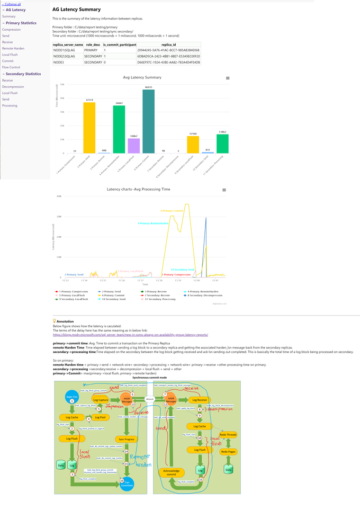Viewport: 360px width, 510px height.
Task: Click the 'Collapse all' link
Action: [x=12, y=4]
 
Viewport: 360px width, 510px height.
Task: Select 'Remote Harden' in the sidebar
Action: [x=13, y=48]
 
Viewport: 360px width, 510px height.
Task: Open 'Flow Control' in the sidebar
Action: [x=11, y=67]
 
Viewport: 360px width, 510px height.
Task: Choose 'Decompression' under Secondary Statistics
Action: [x=13, y=86]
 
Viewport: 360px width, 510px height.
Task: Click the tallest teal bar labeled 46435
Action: [x=149, y=121]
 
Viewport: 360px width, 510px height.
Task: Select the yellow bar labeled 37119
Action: [x=89, y=128]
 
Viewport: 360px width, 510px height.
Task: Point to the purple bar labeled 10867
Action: [x=134, y=146]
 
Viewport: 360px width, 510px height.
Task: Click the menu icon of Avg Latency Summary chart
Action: [x=228, y=78]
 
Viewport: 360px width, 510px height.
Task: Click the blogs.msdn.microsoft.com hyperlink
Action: [x=130, y=335]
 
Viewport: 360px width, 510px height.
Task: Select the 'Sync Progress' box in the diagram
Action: [x=126, y=439]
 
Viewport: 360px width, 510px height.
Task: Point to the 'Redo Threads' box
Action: [x=228, y=434]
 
